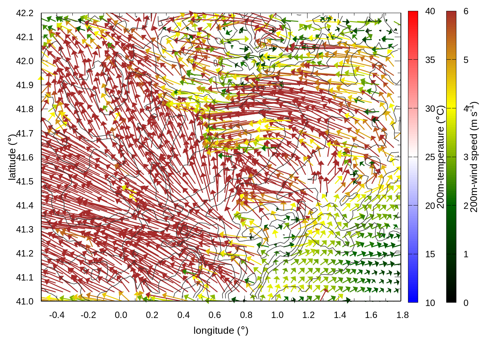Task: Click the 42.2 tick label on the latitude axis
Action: (x=25, y=13)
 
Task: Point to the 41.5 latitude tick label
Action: (x=25, y=181)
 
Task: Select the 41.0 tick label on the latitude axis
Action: (x=25, y=301)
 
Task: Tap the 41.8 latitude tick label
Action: (x=25, y=109)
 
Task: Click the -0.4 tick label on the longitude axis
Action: (x=57, y=315)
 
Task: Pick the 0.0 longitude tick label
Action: (x=121, y=315)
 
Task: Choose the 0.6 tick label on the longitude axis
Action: (x=214, y=315)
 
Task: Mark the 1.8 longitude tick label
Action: (x=402, y=315)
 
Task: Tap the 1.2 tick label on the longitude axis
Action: (x=309, y=315)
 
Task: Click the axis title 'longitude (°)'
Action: (x=221, y=330)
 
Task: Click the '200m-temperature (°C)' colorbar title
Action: (x=441, y=157)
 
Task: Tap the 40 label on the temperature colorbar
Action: (x=430, y=12)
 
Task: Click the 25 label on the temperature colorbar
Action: (x=430, y=157)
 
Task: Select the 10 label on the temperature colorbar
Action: (x=430, y=303)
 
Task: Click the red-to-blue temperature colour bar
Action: (x=413, y=157)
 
